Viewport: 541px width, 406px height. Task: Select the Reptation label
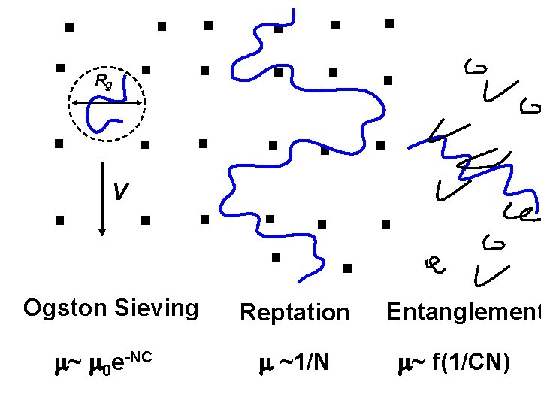coord(295,312)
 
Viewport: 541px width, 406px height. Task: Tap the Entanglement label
coord(463,311)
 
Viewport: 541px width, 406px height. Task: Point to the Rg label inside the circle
coord(104,81)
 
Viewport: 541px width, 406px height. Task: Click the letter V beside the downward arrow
coord(119,193)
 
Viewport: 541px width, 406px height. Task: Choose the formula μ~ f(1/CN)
coord(455,364)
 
